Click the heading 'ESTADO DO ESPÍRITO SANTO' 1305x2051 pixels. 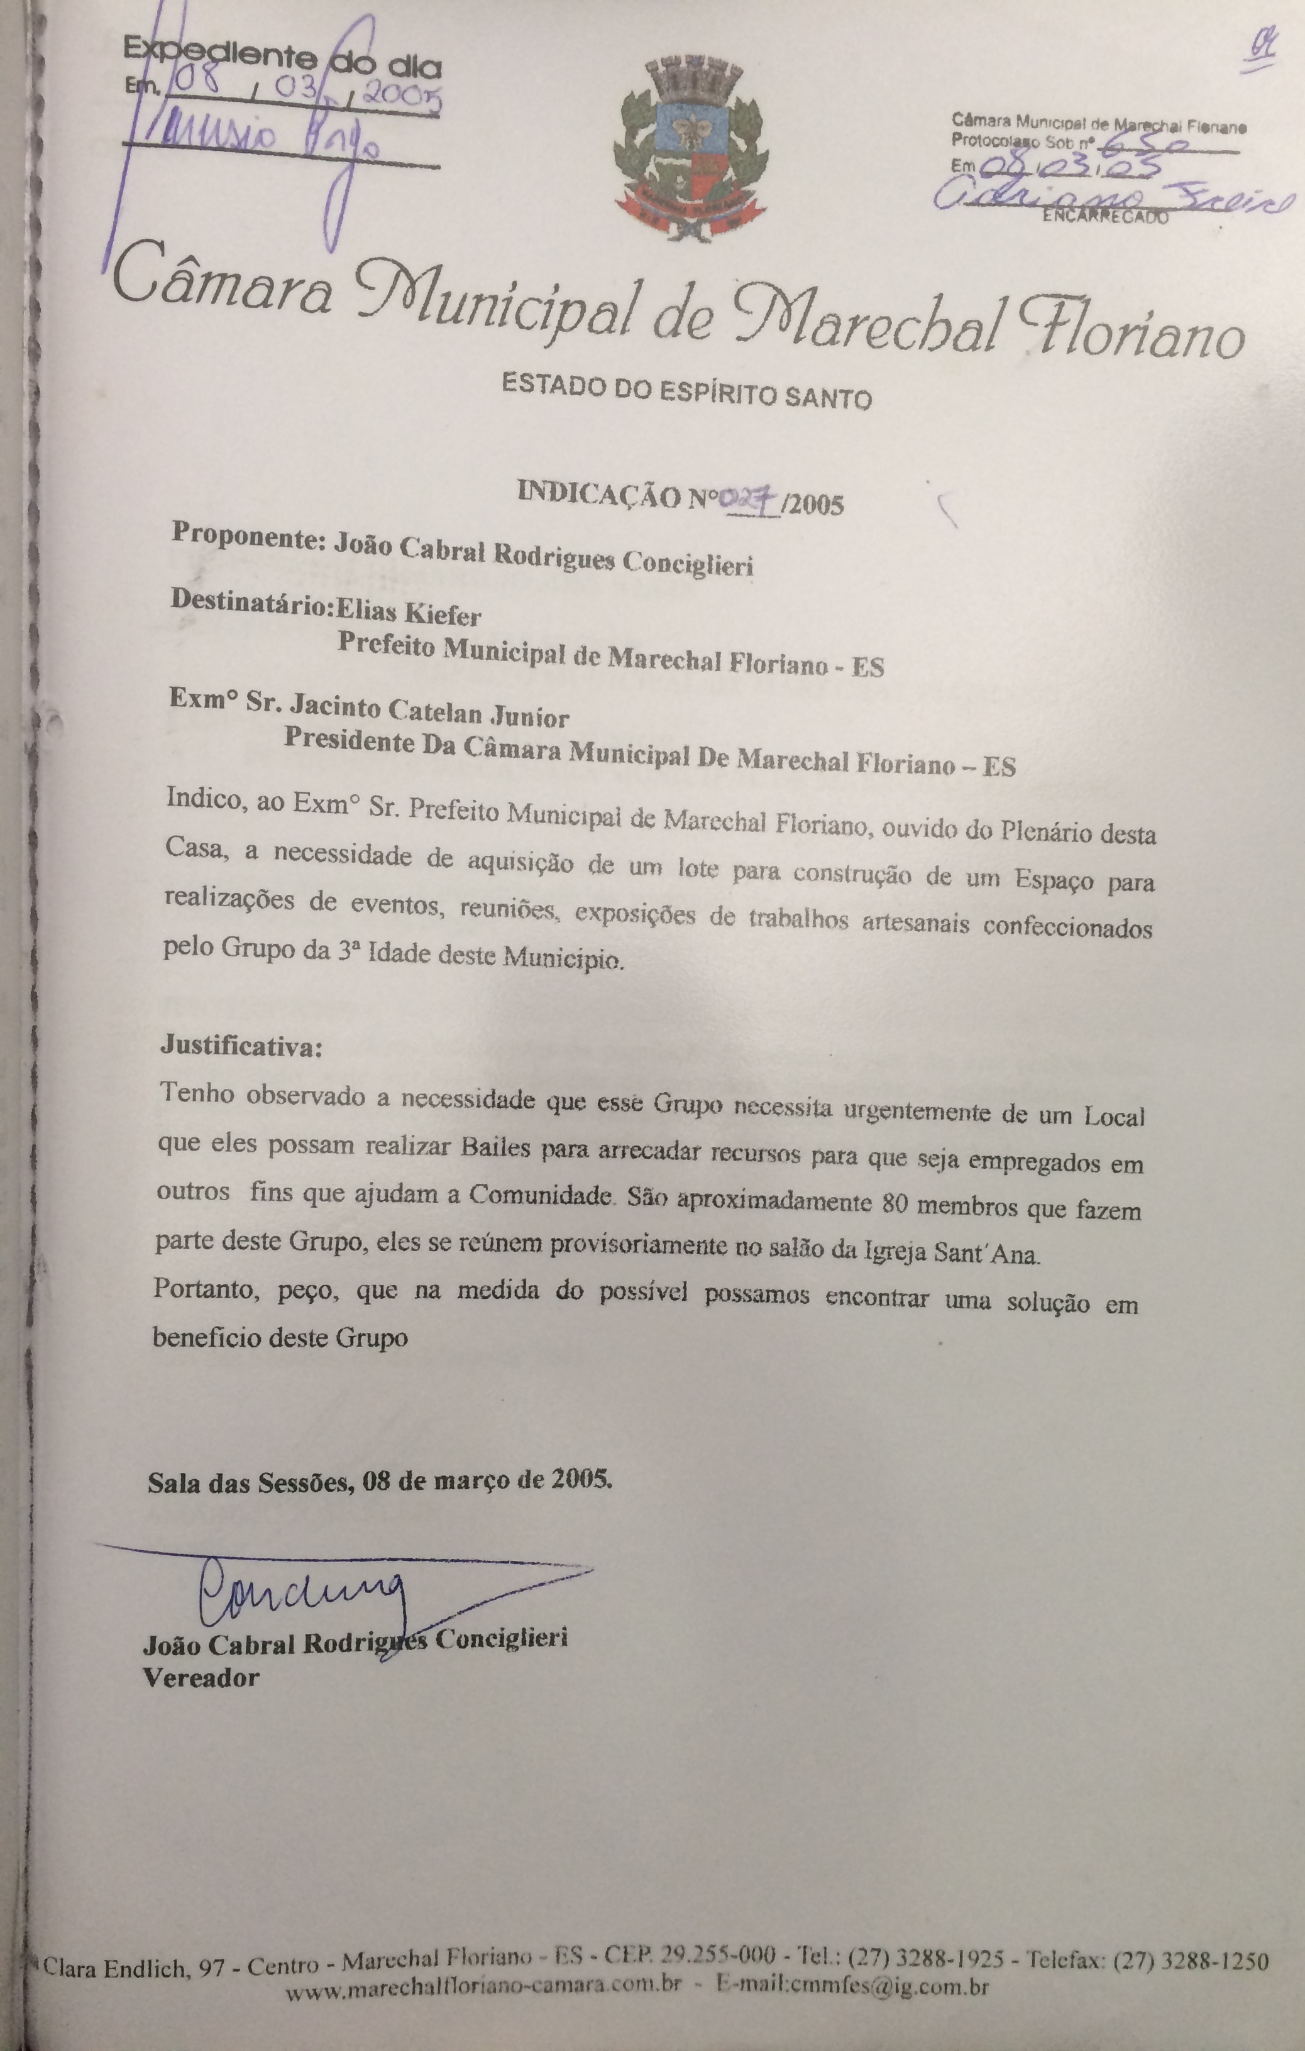click(x=686, y=393)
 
